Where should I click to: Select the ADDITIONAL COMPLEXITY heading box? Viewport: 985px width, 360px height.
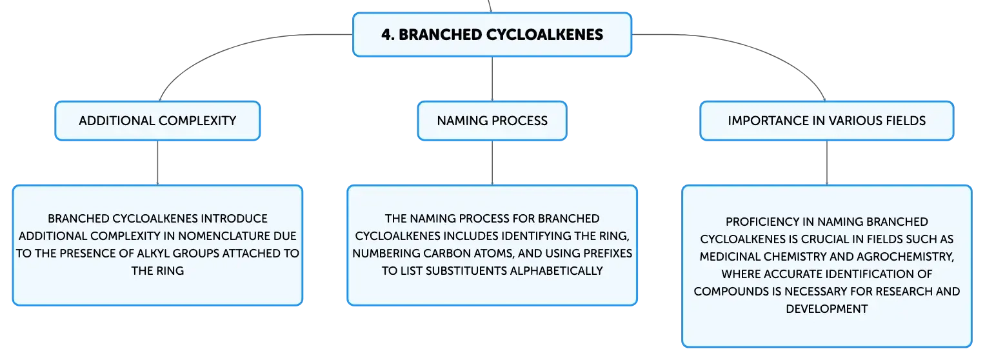tap(157, 121)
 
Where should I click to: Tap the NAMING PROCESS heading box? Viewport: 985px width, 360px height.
tap(492, 121)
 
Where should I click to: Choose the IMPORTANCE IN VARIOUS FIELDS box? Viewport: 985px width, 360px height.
tap(827, 121)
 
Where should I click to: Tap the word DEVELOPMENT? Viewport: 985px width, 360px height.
tap(827, 308)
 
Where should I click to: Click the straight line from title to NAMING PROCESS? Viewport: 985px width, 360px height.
tap(492, 79)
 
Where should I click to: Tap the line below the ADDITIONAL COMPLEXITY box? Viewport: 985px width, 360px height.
tap(157, 163)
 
